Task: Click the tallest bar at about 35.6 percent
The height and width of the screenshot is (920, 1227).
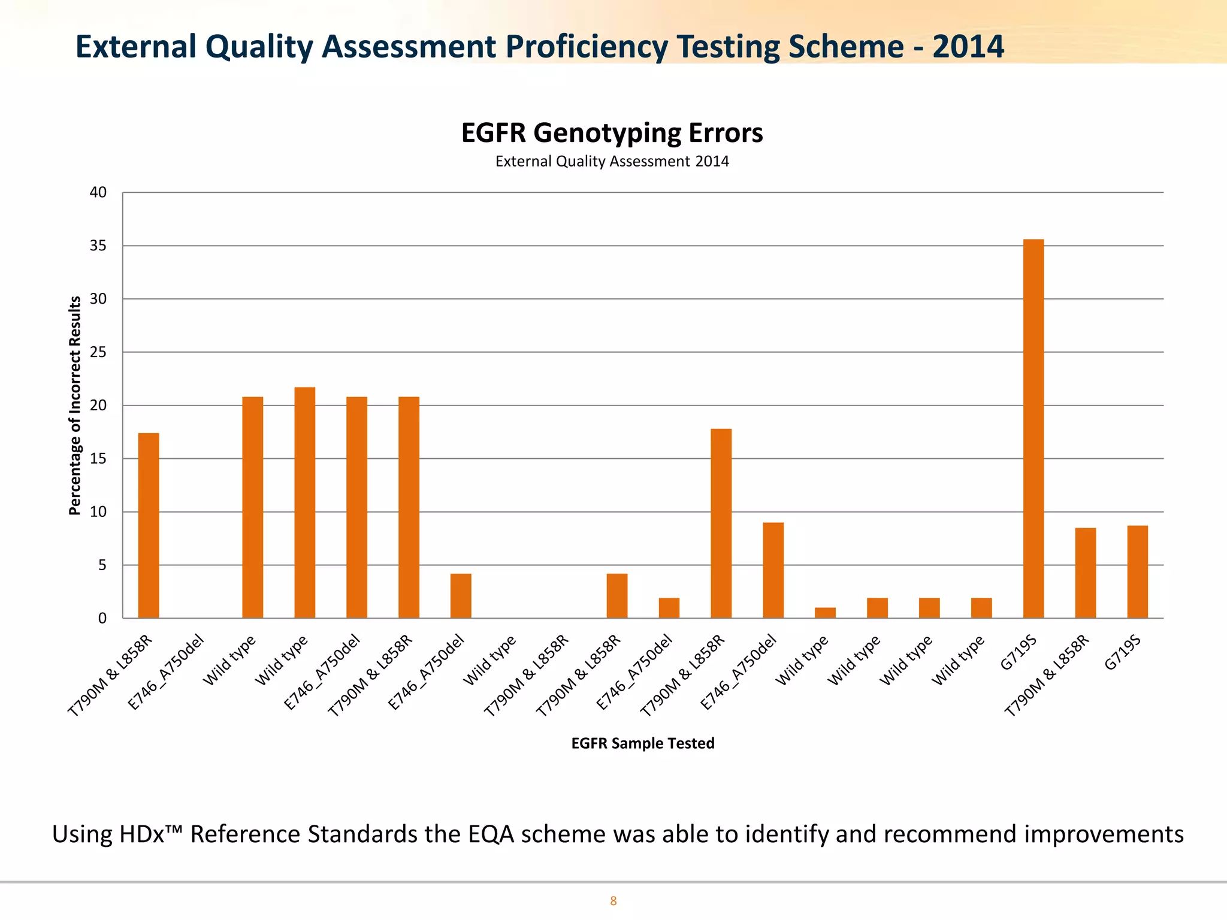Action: coord(1033,428)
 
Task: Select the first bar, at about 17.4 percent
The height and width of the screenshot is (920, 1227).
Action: coord(149,525)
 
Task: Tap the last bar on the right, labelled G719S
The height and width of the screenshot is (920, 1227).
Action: coord(1138,571)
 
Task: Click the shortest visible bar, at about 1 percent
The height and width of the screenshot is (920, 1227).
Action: coord(825,613)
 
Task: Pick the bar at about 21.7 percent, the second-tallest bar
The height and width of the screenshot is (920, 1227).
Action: coord(304,503)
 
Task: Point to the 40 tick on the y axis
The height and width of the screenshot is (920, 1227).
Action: coord(98,192)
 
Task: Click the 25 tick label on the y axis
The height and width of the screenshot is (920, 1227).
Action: coord(98,352)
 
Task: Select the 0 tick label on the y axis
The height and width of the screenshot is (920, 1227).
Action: coord(102,618)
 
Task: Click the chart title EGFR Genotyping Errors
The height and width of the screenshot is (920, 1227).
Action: coord(612,133)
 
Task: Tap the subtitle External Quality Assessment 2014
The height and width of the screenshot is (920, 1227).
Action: coord(612,162)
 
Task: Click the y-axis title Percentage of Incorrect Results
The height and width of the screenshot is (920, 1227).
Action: coord(75,405)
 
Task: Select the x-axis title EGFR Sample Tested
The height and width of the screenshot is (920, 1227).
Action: coord(643,743)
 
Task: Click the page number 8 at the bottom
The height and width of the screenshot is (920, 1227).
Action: coord(613,901)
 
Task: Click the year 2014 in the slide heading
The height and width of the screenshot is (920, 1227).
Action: coord(968,47)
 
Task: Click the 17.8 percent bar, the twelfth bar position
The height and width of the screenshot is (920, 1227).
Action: coord(721,523)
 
